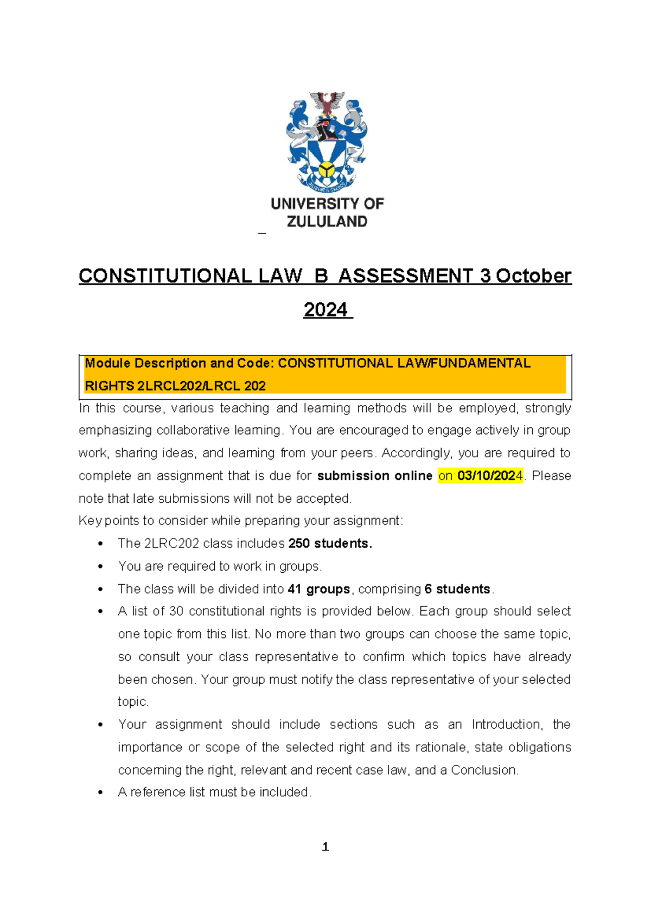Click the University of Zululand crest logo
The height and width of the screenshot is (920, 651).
(x=327, y=142)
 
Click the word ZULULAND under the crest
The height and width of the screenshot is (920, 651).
(x=327, y=221)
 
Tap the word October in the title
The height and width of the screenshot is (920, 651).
(x=533, y=276)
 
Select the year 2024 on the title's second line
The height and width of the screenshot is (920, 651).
(x=325, y=310)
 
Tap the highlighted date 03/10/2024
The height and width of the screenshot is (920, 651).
(x=490, y=476)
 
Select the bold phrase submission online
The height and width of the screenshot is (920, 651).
(x=374, y=476)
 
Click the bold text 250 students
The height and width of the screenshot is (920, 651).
(x=330, y=544)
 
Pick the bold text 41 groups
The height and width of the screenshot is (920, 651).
(x=319, y=589)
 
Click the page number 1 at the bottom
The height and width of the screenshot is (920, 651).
(x=325, y=847)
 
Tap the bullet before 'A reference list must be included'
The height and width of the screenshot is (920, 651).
(x=100, y=793)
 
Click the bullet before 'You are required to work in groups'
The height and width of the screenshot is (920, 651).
(x=100, y=566)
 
